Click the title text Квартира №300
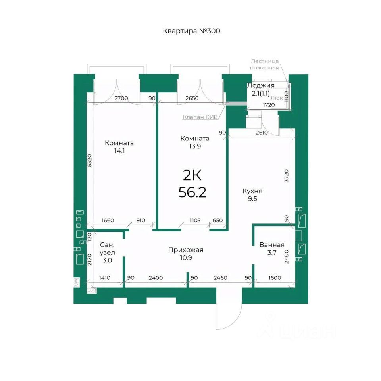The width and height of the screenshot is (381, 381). [x=191, y=31]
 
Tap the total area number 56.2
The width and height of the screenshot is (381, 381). [x=192, y=192]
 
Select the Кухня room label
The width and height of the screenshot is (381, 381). [x=252, y=191]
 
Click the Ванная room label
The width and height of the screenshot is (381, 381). [x=272, y=245]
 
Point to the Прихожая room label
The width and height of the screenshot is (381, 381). [x=186, y=250]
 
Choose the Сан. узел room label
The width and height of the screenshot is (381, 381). [x=107, y=248]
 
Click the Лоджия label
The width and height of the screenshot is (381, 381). [x=261, y=86]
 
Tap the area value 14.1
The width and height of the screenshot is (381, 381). [x=119, y=151]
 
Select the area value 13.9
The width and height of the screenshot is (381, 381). [x=195, y=146]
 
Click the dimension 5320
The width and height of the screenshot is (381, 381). [x=90, y=160]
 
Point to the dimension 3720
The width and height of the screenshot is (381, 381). [x=287, y=176]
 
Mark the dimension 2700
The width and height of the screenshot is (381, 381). [x=121, y=98]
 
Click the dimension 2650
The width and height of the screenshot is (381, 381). [x=192, y=98]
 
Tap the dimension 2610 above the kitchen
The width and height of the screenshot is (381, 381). [x=262, y=133]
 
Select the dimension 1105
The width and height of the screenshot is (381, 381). [x=195, y=220]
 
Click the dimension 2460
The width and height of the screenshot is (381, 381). [x=220, y=278]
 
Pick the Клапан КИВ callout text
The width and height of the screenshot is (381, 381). [x=200, y=117]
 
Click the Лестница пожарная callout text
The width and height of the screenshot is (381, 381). [x=264, y=64]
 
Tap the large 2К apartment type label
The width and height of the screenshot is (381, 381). [x=192, y=175]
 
